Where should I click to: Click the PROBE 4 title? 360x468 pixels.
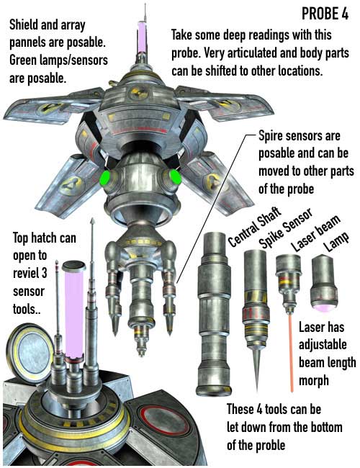[x=325, y=14]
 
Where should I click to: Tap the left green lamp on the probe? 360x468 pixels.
[x=104, y=178]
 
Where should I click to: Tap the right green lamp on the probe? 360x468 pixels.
[x=175, y=176]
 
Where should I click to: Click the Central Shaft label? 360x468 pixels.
[x=255, y=227]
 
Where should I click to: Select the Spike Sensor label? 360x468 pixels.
[x=286, y=228]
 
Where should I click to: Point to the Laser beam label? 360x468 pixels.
[x=315, y=233]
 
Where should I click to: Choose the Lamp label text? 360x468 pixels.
[x=337, y=242]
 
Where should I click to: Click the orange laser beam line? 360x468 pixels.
[x=290, y=352]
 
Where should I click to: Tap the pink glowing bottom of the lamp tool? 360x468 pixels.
[x=323, y=307]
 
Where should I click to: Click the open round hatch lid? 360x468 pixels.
[x=30, y=353]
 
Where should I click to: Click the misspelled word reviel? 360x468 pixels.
[x=30, y=273]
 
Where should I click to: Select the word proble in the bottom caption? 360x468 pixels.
[x=271, y=446]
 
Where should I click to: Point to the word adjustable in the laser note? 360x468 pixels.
[x=323, y=345]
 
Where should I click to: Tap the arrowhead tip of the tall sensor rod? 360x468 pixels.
[x=93, y=220]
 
